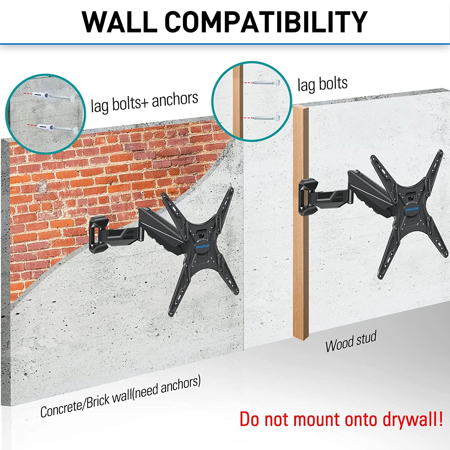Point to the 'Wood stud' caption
(x=351, y=342)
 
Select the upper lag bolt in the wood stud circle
(x=266, y=82)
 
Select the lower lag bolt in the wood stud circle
(x=266, y=118)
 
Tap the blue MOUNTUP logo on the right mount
(x=412, y=209)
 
